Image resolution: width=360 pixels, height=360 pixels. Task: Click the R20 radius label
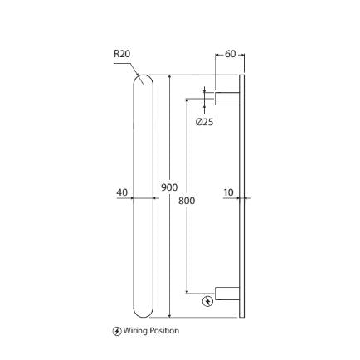pyautogui.click(x=122, y=53)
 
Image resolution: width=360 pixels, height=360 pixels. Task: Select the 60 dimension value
pyautogui.click(x=230, y=55)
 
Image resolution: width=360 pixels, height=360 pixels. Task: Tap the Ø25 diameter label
pyautogui.click(x=204, y=122)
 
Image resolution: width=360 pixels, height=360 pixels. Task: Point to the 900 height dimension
pyautogui.click(x=169, y=187)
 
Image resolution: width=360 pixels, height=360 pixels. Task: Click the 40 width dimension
pyautogui.click(x=123, y=192)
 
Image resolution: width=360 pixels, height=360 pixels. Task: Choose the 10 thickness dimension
pyautogui.click(x=228, y=192)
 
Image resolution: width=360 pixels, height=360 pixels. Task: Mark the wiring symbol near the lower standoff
pyautogui.click(x=207, y=301)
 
